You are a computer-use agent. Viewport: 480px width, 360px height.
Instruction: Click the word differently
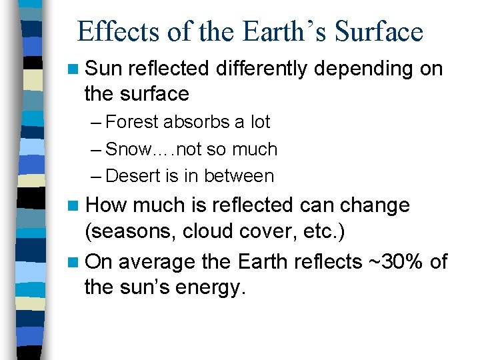(263, 69)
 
